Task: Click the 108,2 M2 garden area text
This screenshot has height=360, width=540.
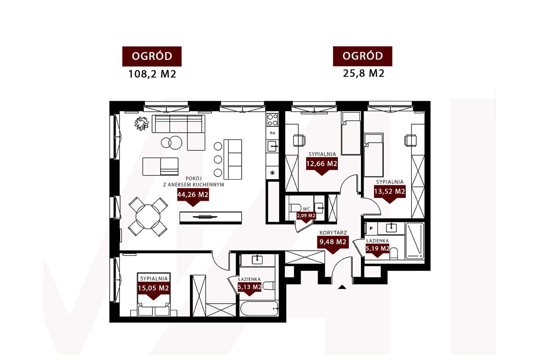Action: pyautogui.click(x=152, y=74)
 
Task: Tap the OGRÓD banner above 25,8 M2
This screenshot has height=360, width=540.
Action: pyautogui.click(x=363, y=56)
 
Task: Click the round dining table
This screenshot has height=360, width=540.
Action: pyautogui.click(x=148, y=217)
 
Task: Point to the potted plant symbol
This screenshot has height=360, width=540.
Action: pyautogui.click(x=141, y=123)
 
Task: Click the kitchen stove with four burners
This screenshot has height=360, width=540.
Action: pyautogui.click(x=272, y=120)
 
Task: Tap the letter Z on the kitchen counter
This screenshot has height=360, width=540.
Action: pyautogui.click(x=272, y=133)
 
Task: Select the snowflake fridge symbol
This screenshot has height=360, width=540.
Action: pyautogui.click(x=272, y=173)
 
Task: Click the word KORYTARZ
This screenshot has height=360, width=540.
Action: pyautogui.click(x=333, y=233)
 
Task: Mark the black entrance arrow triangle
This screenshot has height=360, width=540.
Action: pyautogui.click(x=342, y=287)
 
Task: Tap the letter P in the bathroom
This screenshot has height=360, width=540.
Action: pyautogui.click(x=371, y=228)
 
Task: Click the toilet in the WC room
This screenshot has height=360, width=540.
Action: pyautogui.click(x=295, y=207)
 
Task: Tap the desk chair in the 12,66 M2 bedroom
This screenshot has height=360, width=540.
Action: pyautogui.click(x=299, y=140)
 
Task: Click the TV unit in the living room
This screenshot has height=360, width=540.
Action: pyautogui.click(x=211, y=217)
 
